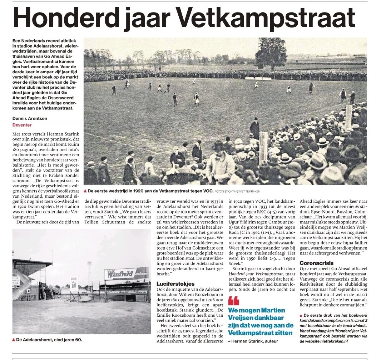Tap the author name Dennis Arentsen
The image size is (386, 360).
tap(29, 119)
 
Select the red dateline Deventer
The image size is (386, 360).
tap(22, 125)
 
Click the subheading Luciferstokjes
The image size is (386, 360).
tap(175, 283)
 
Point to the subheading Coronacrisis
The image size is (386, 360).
tap(317, 263)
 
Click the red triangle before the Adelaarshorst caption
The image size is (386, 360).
tap(14, 339)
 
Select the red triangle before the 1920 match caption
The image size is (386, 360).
tap(85, 191)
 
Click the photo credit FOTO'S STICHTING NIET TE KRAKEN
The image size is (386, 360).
tap(238, 191)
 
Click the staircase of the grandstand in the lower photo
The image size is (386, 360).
tap(48, 293)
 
